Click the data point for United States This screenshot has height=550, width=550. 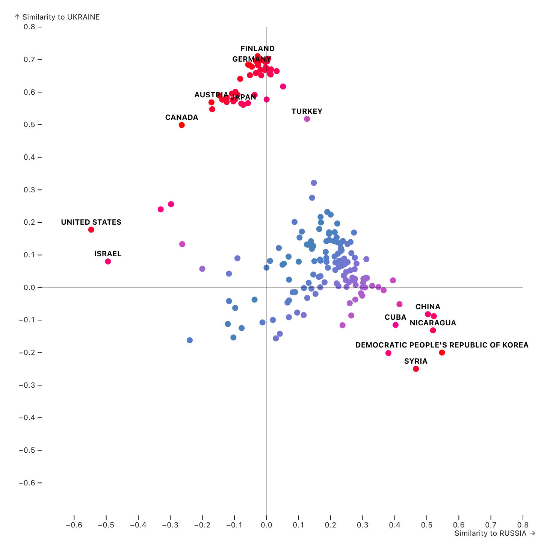91,230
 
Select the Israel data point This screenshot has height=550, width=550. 108,261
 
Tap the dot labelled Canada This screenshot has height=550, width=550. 182,125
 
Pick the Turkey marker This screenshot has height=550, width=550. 307,119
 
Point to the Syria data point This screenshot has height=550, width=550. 416,369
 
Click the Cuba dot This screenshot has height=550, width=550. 396,325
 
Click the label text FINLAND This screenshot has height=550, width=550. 258,48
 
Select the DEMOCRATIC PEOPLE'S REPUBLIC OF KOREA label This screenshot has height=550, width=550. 442,345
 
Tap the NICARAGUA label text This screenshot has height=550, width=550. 433,323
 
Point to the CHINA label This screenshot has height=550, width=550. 428,307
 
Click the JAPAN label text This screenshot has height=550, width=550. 243,97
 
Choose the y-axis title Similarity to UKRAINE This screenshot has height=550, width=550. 57,17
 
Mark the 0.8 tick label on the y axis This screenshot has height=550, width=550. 29,27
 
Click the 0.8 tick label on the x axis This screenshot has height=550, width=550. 523,525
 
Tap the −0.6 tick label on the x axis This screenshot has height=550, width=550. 74,525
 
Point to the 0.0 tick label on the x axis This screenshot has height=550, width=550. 266,525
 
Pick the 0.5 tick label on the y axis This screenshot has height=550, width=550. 29,125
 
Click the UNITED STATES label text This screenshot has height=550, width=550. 91,222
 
